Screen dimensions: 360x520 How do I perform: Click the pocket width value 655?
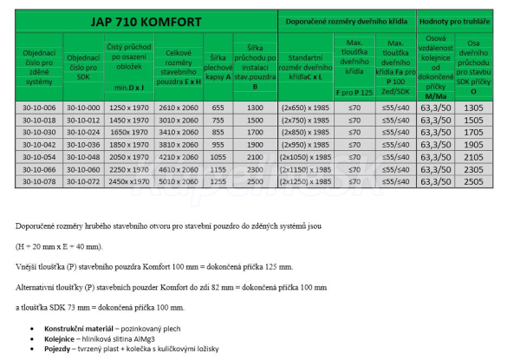[219, 106]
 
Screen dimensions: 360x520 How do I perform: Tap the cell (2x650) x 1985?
[304, 106]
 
